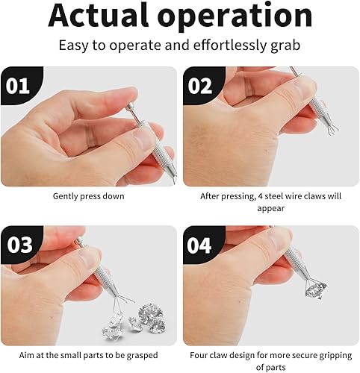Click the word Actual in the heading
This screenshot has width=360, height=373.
(x=99, y=16)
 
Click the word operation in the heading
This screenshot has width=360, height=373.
(x=235, y=17)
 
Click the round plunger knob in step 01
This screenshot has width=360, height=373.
(x=130, y=106)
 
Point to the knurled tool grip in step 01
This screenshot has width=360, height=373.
(x=158, y=151)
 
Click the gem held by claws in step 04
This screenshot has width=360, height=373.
(x=316, y=290)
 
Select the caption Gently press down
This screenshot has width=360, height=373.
(x=88, y=196)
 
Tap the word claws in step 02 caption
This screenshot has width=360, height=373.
(x=314, y=196)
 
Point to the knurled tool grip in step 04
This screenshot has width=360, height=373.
(x=296, y=259)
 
